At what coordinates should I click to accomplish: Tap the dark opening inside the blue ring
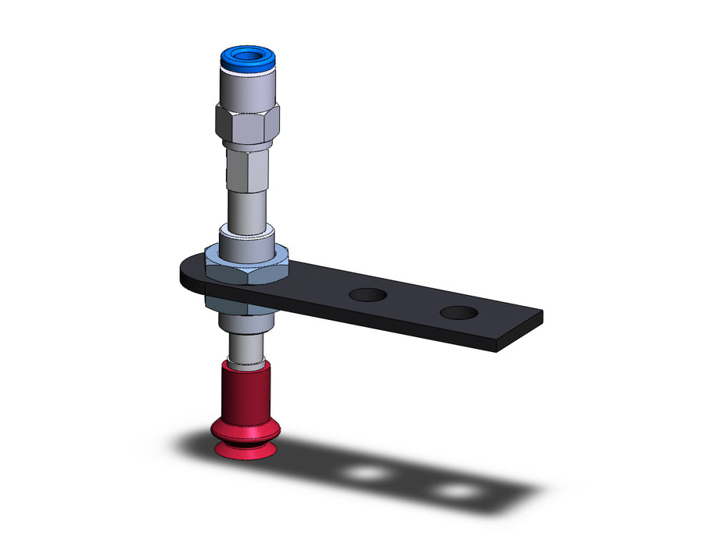[247, 54]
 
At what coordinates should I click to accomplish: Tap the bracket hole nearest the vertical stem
[367, 295]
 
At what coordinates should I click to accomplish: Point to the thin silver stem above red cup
[245, 347]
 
